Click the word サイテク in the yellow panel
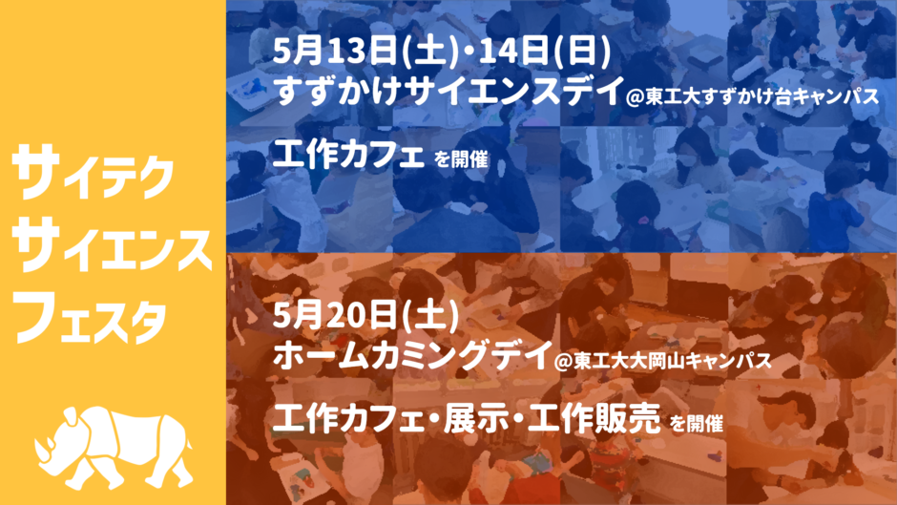click(x=93, y=172)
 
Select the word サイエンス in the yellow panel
click(x=113, y=244)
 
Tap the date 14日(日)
click(x=545, y=51)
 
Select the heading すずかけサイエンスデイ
click(x=448, y=91)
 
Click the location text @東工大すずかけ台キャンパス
click(x=753, y=95)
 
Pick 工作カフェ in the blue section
click(x=347, y=155)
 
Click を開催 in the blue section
click(x=461, y=159)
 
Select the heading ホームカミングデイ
click(x=412, y=355)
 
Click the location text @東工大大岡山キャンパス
click(x=662, y=361)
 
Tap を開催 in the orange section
click(x=697, y=423)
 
